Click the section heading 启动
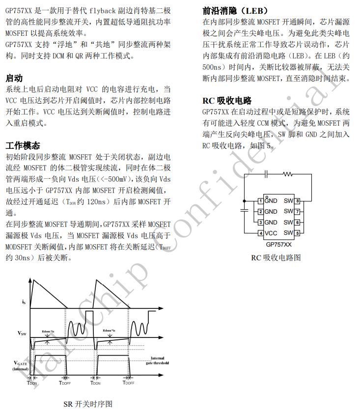pyautogui.click(x=14, y=78)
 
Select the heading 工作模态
pyautogui.click(x=23, y=146)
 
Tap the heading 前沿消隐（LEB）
pyautogui.click(x=235, y=11)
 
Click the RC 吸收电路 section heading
pyautogui.click(x=227, y=101)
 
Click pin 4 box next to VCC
pyautogui.click(x=260, y=233)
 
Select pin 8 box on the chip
pyautogui.click(x=298, y=201)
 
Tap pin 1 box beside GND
pyautogui.click(x=260, y=201)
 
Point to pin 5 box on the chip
pyautogui.click(x=298, y=233)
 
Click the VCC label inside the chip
pyautogui.click(x=271, y=233)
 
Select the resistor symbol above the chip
pyautogui.click(x=287, y=174)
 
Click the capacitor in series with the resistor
pyautogui.click(x=266, y=174)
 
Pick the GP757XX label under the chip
pyautogui.click(x=278, y=244)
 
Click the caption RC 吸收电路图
pyautogui.click(x=276, y=258)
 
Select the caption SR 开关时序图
pyautogui.click(x=88, y=404)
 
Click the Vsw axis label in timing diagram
pyautogui.click(x=22, y=334)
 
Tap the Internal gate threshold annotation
pyautogui.click(x=157, y=361)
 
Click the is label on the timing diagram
pyautogui.click(x=24, y=302)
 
